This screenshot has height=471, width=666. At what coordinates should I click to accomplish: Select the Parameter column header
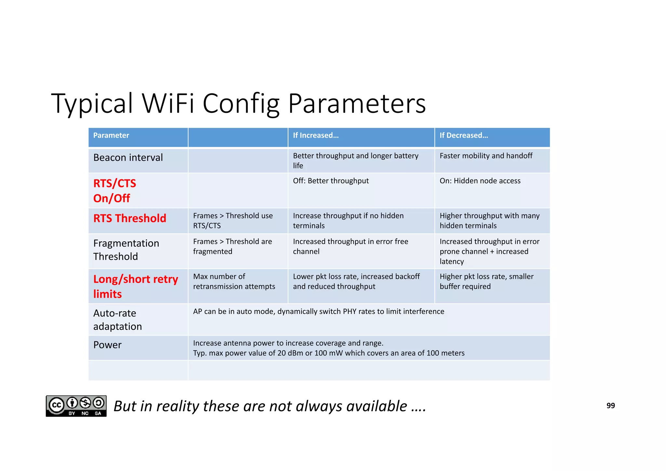[x=111, y=135]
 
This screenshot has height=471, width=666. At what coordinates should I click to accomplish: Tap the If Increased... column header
[x=315, y=135]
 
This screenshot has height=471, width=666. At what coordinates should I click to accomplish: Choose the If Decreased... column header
[x=463, y=135]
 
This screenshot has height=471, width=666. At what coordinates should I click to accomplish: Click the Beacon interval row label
[x=128, y=157]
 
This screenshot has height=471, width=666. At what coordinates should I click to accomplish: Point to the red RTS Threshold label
[x=129, y=218]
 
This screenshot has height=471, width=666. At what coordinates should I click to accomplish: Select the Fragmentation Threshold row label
[x=126, y=250]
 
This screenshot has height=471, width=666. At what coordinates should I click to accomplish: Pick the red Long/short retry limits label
[x=135, y=286]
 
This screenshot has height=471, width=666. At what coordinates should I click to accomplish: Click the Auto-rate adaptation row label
[x=117, y=319]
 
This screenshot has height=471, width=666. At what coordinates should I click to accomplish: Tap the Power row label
[x=107, y=345]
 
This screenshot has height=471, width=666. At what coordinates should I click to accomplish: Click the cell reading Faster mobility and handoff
[x=486, y=156]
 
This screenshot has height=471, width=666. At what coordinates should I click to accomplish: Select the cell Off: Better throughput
[x=331, y=181]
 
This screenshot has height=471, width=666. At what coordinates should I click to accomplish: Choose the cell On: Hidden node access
[x=480, y=181]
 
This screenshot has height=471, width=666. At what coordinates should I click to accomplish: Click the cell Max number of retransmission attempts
[x=234, y=281]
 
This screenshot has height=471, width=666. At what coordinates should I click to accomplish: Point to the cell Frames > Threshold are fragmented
[x=232, y=246]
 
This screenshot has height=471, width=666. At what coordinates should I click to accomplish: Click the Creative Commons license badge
[x=76, y=406]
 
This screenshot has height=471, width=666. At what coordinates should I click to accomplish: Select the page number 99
[x=610, y=406]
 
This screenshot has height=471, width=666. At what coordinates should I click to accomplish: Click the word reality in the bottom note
[x=177, y=406]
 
